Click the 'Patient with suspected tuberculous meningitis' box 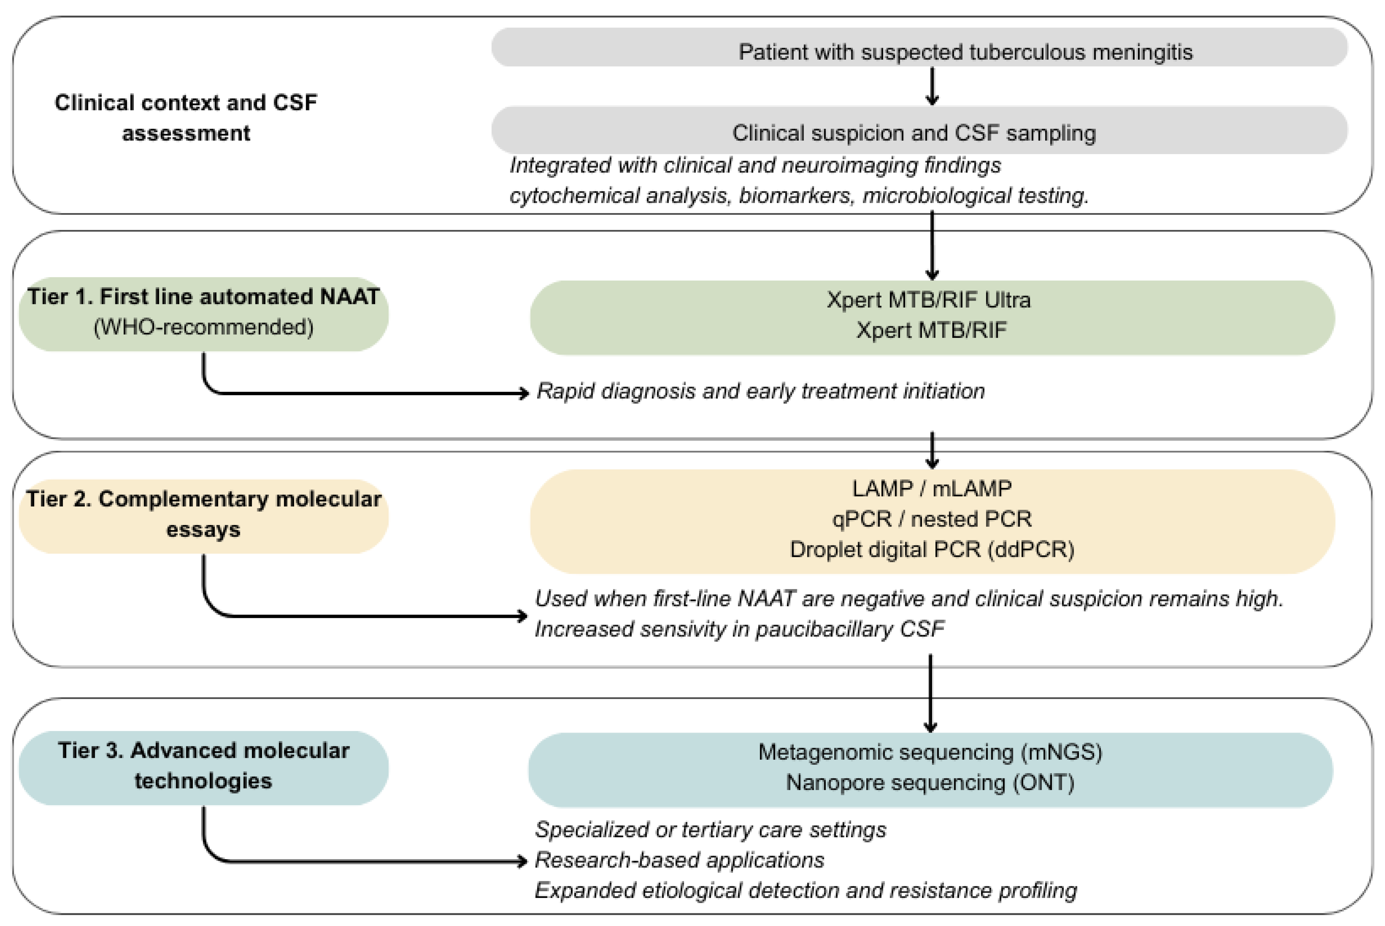click(x=919, y=47)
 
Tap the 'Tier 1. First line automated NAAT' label click(x=203, y=297)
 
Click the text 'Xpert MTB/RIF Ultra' click(x=929, y=300)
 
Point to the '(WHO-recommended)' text click(x=203, y=327)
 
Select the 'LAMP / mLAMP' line click(x=931, y=488)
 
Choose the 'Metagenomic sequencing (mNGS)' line click(x=930, y=752)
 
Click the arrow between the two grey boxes click(x=932, y=86)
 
